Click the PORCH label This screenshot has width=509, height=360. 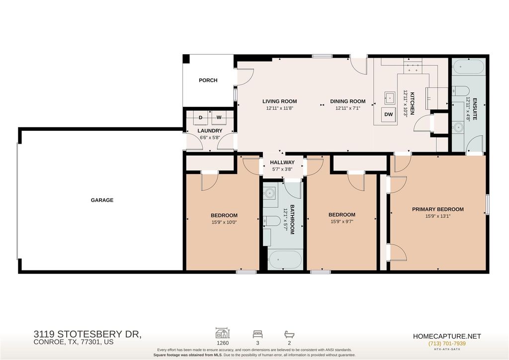208,80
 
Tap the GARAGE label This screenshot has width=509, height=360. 102,200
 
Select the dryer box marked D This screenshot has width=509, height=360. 201,117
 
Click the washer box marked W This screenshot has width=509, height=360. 219,117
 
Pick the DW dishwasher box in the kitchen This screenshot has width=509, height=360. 389,114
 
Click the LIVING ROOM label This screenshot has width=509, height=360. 279,101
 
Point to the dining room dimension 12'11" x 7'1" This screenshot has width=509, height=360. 347,108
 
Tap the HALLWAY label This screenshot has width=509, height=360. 282,162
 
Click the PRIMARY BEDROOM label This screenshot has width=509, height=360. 438,209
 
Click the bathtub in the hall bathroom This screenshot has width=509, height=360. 285,260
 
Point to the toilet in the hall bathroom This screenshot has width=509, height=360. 271,221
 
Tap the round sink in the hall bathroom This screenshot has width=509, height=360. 269,193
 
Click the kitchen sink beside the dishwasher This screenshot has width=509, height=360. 390,97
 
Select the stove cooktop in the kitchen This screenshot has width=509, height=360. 413,67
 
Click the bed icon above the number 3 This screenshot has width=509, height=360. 258,334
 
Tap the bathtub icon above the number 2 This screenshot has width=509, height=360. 289,334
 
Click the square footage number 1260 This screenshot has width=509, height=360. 223,343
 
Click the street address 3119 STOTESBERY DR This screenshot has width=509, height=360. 87,334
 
